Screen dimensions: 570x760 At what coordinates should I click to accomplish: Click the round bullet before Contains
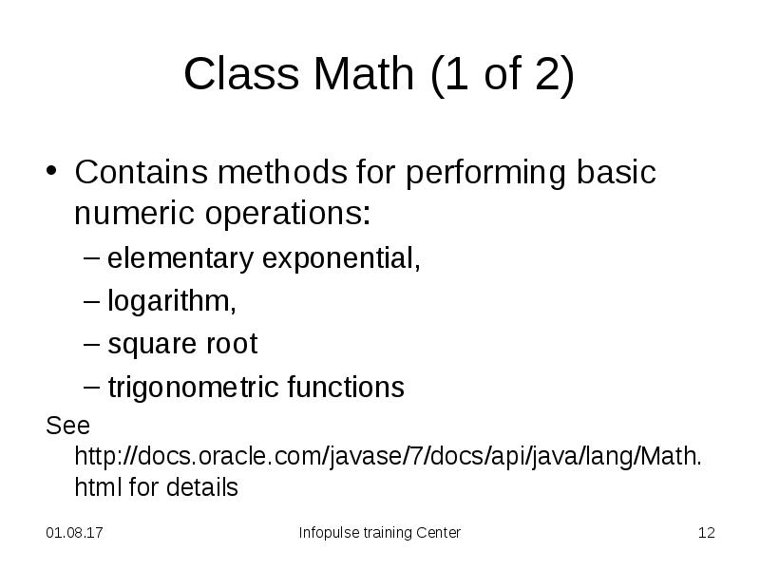[x=54, y=175]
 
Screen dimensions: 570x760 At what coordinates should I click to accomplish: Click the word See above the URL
[x=67, y=424]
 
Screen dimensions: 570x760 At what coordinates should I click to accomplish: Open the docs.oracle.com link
[x=389, y=455]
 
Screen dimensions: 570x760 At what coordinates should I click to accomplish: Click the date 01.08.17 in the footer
[x=74, y=533]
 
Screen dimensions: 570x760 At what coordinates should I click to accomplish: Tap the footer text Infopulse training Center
[x=379, y=533]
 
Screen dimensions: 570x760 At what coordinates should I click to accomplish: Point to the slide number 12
[x=706, y=533]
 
